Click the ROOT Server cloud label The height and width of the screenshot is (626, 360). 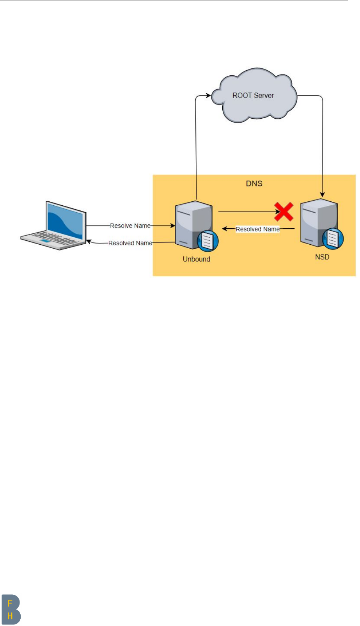(x=253, y=96)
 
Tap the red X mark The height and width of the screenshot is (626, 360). (x=284, y=212)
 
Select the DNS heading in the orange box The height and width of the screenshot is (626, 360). (x=254, y=183)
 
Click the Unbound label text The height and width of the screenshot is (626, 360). (x=196, y=259)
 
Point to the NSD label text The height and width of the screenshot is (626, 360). (x=322, y=257)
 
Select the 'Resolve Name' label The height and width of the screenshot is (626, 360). (x=130, y=226)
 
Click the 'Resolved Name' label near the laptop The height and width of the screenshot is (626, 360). (x=130, y=243)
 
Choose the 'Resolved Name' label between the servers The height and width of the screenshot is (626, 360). (x=257, y=229)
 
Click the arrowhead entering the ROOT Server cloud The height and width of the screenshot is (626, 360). (x=209, y=95)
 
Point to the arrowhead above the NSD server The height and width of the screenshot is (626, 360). (x=322, y=194)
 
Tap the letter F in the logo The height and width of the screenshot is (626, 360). (x=10, y=604)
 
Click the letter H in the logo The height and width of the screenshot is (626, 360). (x=10, y=616)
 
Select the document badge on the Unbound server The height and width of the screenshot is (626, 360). (x=207, y=242)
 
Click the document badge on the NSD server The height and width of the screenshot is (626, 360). (x=332, y=239)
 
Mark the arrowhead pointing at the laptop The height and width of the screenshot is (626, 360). (x=89, y=242)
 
